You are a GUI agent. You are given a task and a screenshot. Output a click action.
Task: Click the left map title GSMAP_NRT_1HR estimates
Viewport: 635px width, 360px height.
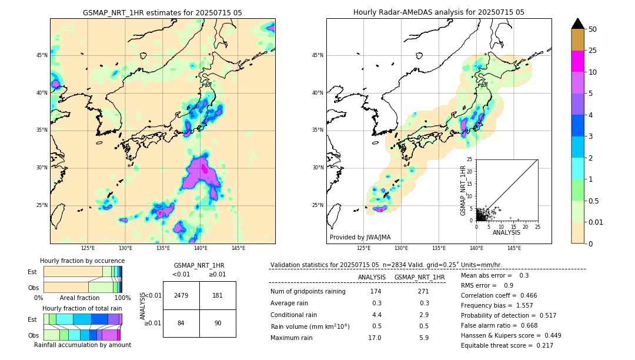click(x=162, y=12)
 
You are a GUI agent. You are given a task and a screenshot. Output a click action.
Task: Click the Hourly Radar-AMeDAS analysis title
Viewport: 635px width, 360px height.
click(x=439, y=12)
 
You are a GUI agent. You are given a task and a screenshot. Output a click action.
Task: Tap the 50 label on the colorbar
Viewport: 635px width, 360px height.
click(x=593, y=29)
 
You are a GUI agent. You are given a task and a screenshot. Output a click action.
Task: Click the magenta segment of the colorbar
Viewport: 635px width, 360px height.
click(x=577, y=61)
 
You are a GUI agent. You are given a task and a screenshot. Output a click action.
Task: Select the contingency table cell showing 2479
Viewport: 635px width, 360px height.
click(x=181, y=295)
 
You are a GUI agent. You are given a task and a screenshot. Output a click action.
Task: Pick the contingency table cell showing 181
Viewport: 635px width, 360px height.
click(x=218, y=295)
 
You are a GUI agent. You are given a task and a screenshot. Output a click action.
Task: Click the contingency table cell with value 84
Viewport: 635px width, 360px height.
click(x=181, y=323)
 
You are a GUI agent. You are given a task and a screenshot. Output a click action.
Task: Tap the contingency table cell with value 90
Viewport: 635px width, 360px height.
click(x=218, y=323)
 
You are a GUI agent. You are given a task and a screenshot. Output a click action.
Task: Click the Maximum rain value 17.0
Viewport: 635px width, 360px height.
click(x=375, y=338)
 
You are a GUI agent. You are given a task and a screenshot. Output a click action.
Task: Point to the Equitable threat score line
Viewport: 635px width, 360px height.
click(x=507, y=345)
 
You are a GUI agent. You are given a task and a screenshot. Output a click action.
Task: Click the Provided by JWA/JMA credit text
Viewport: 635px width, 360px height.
click(x=360, y=237)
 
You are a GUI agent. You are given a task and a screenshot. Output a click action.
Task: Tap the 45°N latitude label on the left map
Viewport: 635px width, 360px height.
click(x=42, y=55)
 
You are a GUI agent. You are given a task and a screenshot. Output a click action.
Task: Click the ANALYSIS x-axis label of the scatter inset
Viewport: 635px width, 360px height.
click(x=506, y=232)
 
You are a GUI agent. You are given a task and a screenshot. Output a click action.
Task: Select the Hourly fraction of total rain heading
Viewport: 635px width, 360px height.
click(x=82, y=308)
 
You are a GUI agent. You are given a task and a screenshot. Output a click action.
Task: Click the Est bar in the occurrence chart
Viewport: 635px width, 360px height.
click(x=82, y=271)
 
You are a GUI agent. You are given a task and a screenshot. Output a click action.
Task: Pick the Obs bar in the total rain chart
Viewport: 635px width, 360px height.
click(x=82, y=335)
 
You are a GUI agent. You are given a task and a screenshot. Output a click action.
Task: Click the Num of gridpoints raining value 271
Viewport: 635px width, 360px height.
click(x=423, y=292)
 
